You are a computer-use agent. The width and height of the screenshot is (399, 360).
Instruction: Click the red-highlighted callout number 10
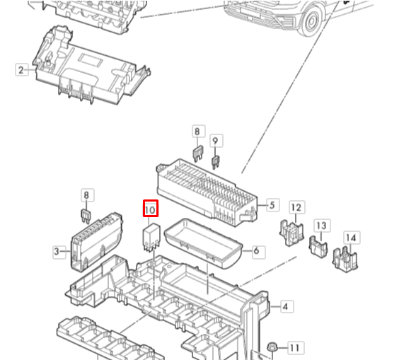(150, 209)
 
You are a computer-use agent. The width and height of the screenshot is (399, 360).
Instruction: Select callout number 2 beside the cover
(21, 69)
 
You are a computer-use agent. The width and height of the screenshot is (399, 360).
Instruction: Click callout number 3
(57, 250)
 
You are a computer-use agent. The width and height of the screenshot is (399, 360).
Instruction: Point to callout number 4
(285, 306)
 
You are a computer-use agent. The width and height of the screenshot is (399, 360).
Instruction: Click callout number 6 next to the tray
(255, 250)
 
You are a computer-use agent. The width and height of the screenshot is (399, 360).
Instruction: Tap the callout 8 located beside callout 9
(198, 132)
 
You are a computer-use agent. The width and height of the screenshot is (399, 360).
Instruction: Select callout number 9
(216, 140)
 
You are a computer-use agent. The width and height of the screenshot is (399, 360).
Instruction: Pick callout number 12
(296, 207)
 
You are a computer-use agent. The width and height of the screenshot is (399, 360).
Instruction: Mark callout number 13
(322, 226)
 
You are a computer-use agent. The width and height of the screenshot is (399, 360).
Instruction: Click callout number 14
(352, 238)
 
